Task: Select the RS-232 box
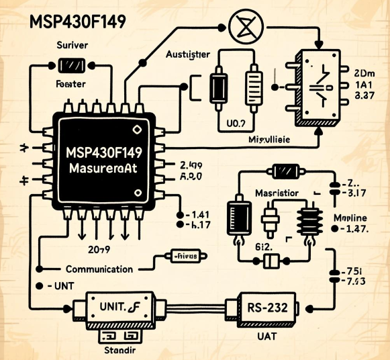(267, 310)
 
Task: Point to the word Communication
(99, 269)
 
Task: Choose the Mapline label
(352, 218)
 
